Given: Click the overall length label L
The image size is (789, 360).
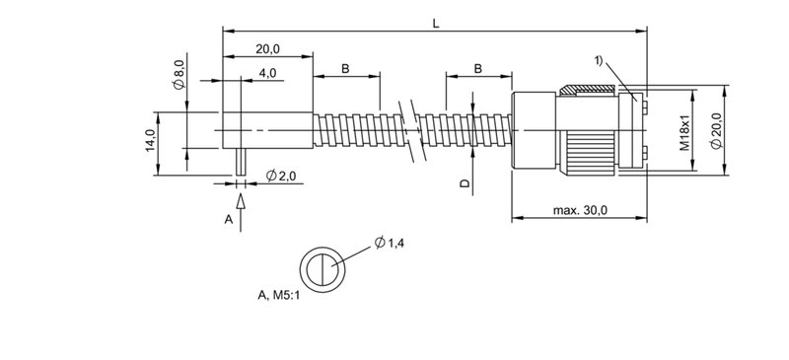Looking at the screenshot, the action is (x=436, y=24).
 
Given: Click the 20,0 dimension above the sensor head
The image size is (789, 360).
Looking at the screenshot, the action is (x=267, y=49).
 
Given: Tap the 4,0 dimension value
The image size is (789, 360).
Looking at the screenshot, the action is (x=267, y=73).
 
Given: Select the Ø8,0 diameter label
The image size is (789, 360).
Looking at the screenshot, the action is (x=179, y=74).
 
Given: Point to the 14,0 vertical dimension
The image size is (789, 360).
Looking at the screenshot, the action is (x=151, y=141).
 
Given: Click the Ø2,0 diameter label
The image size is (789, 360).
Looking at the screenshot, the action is (x=281, y=176).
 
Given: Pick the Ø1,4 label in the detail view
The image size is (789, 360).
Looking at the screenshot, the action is (x=389, y=243).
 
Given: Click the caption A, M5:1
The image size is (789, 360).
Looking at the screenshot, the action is (x=279, y=295).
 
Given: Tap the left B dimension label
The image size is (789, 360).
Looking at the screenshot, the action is (x=345, y=69).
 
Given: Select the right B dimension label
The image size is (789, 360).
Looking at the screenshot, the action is (x=478, y=69).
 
